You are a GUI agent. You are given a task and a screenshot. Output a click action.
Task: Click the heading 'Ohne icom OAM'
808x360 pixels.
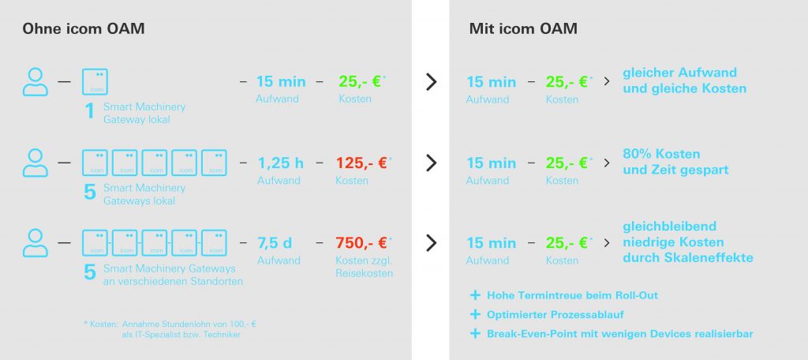[83, 29]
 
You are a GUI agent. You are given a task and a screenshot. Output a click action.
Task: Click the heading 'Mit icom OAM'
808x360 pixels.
[522, 29]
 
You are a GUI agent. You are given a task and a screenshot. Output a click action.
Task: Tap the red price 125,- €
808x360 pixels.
[361, 163]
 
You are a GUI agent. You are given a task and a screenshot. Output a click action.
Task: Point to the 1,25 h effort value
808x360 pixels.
[280, 163]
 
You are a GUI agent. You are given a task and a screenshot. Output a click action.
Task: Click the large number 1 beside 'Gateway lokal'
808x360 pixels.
[90, 111]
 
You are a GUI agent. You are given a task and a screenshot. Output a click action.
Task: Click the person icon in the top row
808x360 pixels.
[36, 81]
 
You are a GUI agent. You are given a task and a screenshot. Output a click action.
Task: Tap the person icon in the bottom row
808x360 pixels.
[36, 243]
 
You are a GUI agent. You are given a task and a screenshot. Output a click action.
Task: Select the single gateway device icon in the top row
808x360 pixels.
[95, 82]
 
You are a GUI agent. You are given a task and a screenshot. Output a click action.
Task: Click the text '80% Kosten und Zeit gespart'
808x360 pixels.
[675, 161]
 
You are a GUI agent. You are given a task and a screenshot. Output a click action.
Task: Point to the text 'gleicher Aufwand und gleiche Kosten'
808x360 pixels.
[684, 81]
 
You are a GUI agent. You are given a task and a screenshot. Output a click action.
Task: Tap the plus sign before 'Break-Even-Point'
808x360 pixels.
[475, 334]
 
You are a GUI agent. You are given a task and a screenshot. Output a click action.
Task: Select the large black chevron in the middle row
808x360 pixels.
[431, 163]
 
